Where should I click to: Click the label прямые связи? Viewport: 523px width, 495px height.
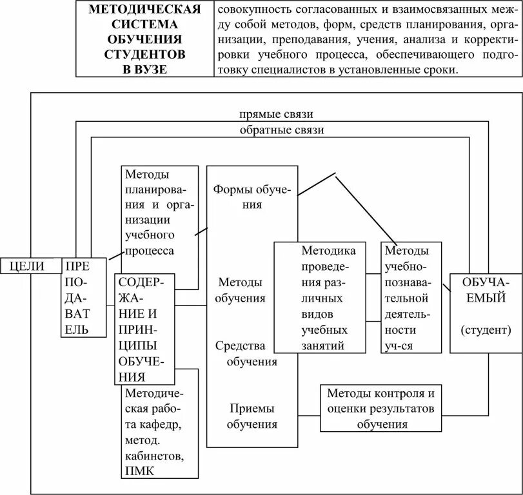[276, 115]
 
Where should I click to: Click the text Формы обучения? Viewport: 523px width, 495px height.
[252, 197]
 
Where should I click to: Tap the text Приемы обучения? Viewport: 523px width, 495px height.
[252, 416]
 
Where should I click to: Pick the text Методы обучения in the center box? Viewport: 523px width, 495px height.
[240, 291]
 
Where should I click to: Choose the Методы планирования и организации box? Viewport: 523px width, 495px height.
[159, 213]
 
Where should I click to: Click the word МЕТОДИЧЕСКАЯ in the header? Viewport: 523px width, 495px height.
[144, 10]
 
